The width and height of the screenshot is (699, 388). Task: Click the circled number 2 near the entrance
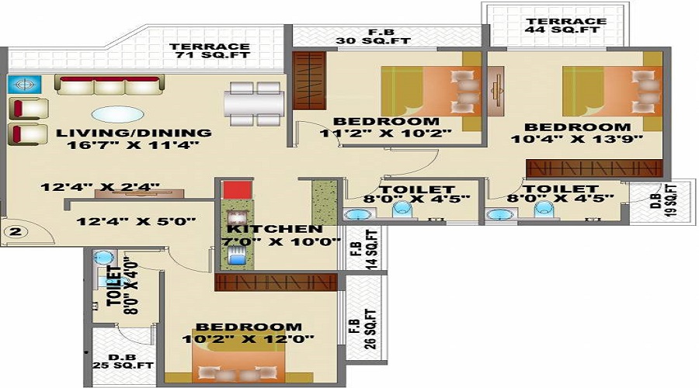point(16,232)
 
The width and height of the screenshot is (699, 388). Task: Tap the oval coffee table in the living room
point(118,114)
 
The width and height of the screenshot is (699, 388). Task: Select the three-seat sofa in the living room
point(110,85)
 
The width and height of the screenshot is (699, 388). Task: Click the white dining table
point(254,104)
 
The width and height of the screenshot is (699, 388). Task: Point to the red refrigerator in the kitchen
point(238,190)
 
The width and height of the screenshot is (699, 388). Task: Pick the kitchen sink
point(236,256)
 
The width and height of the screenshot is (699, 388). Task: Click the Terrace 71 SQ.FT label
point(210,50)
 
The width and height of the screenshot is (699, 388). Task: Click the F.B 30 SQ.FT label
point(373,36)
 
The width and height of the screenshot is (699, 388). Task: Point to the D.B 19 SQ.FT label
point(664,200)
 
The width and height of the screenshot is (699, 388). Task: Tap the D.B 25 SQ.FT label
point(123,362)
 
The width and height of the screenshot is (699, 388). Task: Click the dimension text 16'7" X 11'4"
point(133,145)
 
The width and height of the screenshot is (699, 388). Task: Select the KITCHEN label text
point(275,230)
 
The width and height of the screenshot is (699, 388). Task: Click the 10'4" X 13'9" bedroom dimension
point(577,139)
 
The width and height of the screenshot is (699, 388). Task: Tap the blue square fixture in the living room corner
point(25,84)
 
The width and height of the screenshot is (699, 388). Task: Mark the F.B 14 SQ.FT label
point(365,249)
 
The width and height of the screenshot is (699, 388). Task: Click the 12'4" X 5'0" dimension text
point(136,221)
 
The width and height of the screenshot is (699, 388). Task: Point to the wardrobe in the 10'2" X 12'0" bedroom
point(276,282)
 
